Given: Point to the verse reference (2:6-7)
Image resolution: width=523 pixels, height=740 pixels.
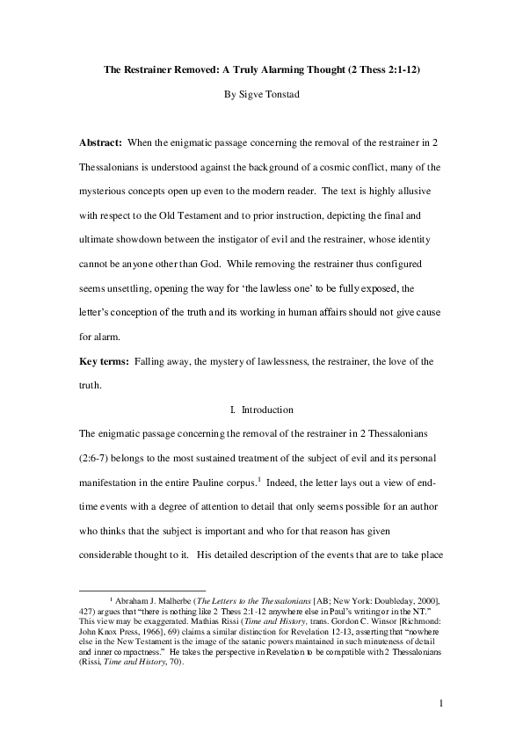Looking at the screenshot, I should coord(98,458).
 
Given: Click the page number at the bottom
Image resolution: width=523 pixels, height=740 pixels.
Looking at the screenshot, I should coord(440,703).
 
